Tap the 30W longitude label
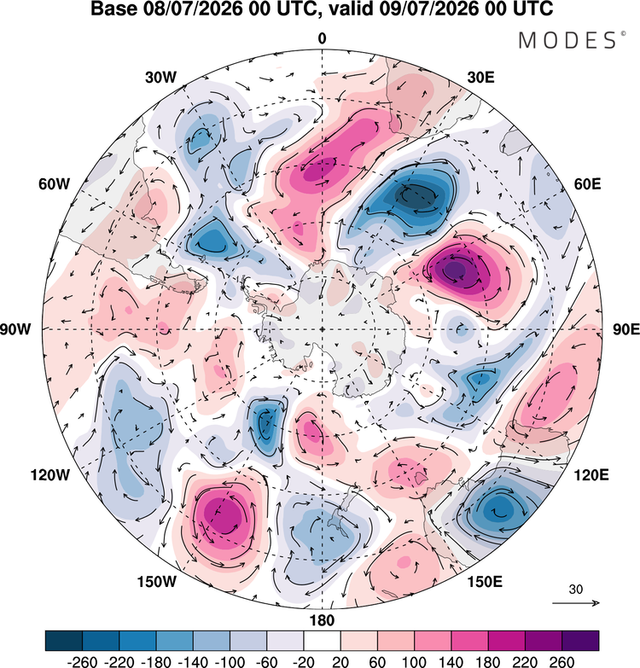pos(160,78)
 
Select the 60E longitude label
pos(588,184)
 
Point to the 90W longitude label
pos(15,329)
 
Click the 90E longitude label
pos(626,329)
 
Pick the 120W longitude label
pos(49,475)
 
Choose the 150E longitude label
pos(485,582)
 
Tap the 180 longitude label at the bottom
pos(322,620)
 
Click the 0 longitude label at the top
pos(322,38)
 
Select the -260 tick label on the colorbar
pos(82,662)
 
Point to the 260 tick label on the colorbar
pos(561,662)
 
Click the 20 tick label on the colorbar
pos(340,662)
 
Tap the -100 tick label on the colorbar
pos(230,662)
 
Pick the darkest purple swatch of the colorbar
pos(580,641)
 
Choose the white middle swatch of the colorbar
pos(322,641)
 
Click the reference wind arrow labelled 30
pos(576,603)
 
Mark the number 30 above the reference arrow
pos(576,590)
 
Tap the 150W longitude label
pos(156,582)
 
